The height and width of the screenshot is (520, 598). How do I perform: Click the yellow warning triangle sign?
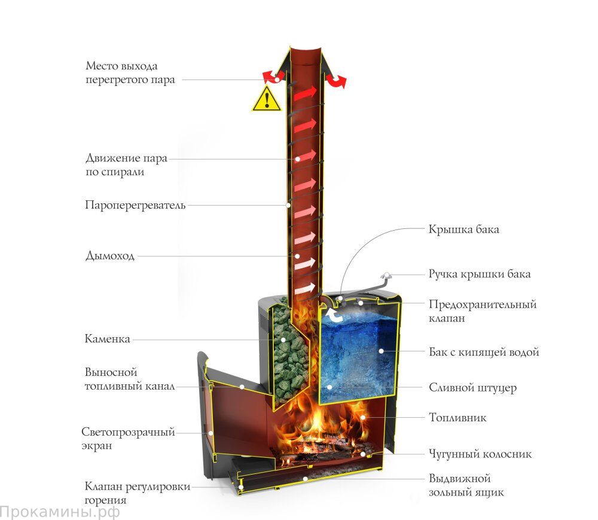(267, 99)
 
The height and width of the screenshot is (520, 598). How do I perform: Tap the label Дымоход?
(110, 256)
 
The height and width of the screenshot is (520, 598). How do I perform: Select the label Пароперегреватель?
(135, 205)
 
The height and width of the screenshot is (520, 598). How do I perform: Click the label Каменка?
(107, 338)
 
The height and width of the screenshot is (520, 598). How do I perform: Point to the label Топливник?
(457, 417)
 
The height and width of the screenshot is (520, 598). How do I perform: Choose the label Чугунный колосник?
(480, 454)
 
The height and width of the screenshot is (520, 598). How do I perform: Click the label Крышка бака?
(464, 229)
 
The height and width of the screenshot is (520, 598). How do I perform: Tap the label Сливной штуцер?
(473, 388)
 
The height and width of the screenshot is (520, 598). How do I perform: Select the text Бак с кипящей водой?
(484, 352)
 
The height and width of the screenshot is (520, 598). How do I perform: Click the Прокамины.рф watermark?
(60, 512)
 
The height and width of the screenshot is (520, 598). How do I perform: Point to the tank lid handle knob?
(386, 276)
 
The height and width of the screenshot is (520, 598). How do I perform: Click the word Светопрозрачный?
(128, 432)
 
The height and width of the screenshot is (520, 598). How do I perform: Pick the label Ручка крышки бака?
(480, 274)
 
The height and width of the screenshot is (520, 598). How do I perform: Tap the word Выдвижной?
(459, 478)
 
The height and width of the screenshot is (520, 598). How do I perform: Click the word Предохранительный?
(483, 304)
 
